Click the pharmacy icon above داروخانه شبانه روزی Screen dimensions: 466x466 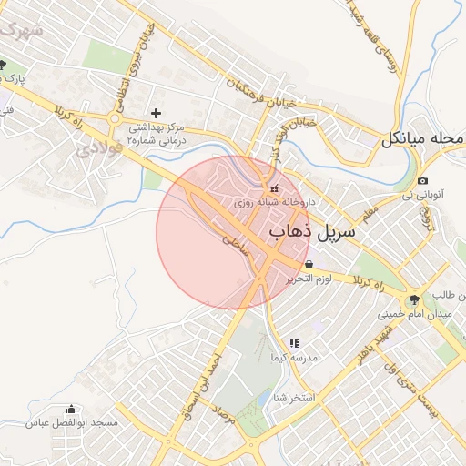[275, 188]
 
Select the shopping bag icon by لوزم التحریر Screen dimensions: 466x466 [310, 264]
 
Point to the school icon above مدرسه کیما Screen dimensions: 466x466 [293, 343]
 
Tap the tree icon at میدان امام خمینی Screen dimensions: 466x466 [414, 299]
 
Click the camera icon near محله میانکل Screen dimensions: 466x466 [423, 181]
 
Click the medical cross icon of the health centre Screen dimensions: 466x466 [156, 113]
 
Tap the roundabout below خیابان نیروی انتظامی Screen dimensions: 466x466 [116, 116]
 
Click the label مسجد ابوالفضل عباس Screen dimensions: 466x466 [72, 424]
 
